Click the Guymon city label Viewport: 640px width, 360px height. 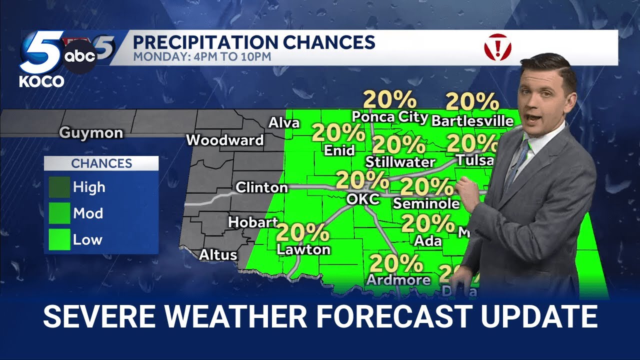pos(91,133)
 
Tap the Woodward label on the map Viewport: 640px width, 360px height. pos(224,140)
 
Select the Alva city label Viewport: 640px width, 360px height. pos(284,123)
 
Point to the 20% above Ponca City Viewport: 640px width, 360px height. pos(389,99)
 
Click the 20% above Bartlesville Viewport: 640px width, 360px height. pos(472,101)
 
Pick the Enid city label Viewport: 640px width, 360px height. pos(339,150)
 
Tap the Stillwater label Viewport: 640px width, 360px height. pos(400,162)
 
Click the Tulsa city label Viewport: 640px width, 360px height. pos(475,160)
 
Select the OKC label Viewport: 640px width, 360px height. pos(363,199)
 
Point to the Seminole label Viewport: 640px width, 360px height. pos(426,203)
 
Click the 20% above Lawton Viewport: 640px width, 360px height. pos(302,232)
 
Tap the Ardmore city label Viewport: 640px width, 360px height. pos(398,280)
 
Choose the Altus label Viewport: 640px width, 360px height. pos(218,255)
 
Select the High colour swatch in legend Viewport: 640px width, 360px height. pos(59,187)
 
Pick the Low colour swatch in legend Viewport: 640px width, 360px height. pos(59,240)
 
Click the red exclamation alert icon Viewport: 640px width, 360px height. pos(497,48)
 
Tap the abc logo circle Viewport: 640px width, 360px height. pos(80,57)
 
